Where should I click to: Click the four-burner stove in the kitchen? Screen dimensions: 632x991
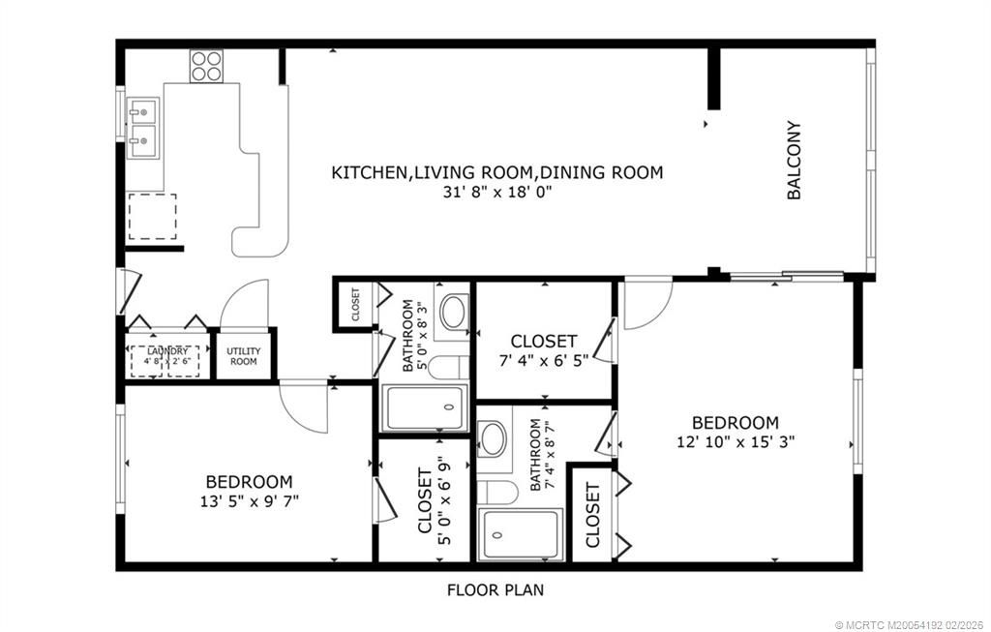point(205,66)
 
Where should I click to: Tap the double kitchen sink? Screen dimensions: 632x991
point(143,126)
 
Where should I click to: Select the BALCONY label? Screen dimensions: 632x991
point(794,160)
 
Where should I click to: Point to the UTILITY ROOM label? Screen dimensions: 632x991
point(242,356)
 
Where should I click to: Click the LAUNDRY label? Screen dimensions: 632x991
point(167,351)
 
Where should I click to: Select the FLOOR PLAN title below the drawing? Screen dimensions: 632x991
point(495,588)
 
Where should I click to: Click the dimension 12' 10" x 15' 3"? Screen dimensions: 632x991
point(736,441)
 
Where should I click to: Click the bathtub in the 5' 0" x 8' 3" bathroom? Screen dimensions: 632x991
point(426,409)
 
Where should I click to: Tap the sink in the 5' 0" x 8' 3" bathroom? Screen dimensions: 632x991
point(452,312)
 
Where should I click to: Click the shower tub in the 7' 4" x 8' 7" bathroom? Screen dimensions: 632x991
point(522,534)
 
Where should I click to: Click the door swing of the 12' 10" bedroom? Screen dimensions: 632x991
point(645,303)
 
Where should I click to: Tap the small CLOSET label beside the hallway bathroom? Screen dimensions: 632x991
point(355,304)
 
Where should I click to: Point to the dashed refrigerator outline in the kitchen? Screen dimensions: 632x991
point(152,216)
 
